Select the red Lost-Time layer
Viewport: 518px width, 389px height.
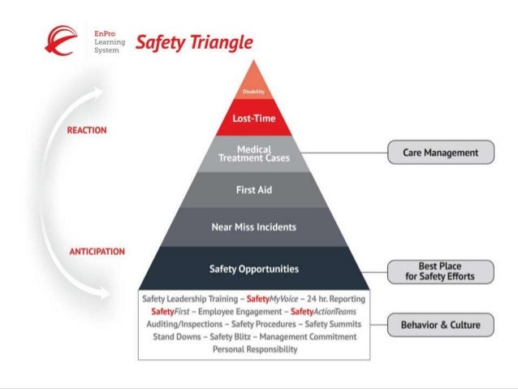pyautogui.click(x=254, y=119)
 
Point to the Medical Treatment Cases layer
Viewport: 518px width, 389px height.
pyautogui.click(x=254, y=153)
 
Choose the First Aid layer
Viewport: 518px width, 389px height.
pyautogui.click(x=254, y=189)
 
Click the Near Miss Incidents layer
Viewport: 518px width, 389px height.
pyautogui.click(x=254, y=227)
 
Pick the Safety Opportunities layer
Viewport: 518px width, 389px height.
pyautogui.click(x=254, y=268)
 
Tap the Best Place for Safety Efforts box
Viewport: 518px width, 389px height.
pyautogui.click(x=440, y=272)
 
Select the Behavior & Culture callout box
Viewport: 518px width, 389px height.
pyautogui.click(x=440, y=326)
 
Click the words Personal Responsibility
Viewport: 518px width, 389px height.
pyautogui.click(x=254, y=349)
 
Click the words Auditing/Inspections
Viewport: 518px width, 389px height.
pyautogui.click(x=183, y=324)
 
